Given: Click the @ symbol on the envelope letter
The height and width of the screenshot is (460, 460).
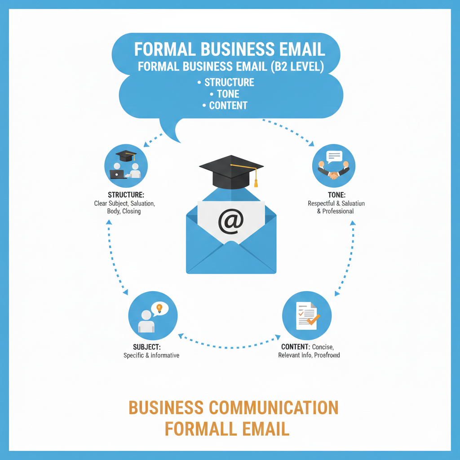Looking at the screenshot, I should click(231, 221).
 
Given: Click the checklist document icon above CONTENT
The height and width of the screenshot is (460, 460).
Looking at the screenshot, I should click(306, 315).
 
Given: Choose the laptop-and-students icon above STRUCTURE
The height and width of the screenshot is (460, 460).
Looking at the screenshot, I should click(126, 168).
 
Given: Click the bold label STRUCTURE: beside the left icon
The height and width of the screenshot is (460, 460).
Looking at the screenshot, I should click(126, 195).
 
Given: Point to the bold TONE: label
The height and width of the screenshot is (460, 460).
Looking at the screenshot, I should click(337, 195).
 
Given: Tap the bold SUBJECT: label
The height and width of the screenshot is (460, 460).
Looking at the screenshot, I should click(147, 347).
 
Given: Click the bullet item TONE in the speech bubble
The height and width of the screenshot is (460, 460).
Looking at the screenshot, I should click(228, 94).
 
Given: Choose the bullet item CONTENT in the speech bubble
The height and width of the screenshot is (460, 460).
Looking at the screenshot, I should click(228, 106).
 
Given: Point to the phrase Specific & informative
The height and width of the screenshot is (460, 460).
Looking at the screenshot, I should click(151, 355).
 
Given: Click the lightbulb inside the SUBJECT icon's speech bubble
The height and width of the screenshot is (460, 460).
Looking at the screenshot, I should click(159, 308).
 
